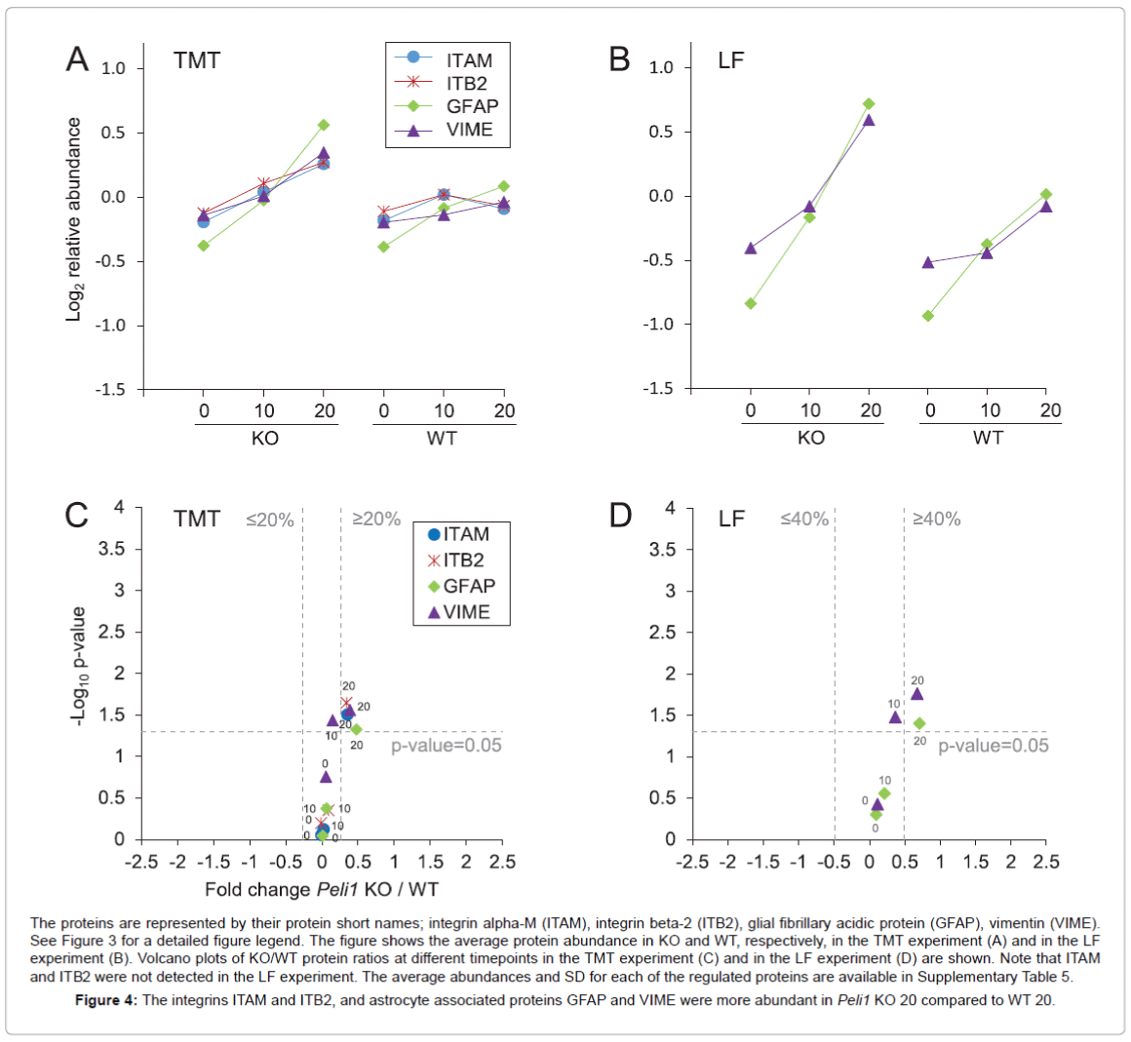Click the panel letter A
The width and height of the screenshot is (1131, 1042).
click(77, 59)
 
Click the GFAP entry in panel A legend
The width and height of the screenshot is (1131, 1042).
click(472, 106)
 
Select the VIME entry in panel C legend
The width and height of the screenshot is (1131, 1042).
click(466, 612)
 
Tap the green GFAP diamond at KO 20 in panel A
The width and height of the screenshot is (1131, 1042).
click(324, 125)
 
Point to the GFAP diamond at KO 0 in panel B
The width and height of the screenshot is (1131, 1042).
click(751, 303)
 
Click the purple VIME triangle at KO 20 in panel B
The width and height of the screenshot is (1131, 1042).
click(869, 120)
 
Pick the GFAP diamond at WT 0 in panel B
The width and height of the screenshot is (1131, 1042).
click(928, 316)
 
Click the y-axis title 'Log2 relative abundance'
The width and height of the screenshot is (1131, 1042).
click(74, 219)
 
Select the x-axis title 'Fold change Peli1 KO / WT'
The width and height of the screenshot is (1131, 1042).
click(322, 889)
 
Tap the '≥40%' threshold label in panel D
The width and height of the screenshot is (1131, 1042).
click(936, 520)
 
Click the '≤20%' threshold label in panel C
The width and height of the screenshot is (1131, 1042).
click(270, 520)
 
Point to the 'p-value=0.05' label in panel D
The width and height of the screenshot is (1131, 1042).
click(994, 746)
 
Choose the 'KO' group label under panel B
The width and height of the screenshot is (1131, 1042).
click(811, 438)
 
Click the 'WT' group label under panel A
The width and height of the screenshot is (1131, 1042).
click(442, 439)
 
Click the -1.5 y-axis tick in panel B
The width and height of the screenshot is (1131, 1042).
click(658, 389)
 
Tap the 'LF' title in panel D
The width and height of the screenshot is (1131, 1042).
click(731, 519)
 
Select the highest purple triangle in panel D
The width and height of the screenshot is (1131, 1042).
click(916, 694)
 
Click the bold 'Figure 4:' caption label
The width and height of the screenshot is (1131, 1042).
click(106, 1000)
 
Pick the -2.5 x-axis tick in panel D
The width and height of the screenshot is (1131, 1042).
click(692, 862)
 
